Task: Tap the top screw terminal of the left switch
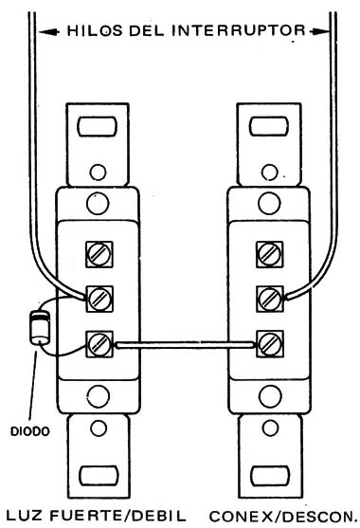[x=98, y=255]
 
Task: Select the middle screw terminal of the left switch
[x=98, y=298]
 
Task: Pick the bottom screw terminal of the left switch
[x=98, y=340]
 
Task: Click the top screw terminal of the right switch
[x=269, y=255]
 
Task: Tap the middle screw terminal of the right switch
[x=269, y=298]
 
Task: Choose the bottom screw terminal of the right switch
[x=269, y=340]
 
